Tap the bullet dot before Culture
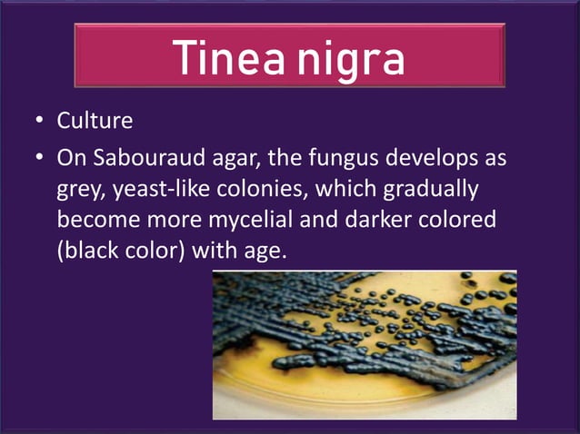[x=39, y=121]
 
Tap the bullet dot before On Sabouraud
[x=39, y=158]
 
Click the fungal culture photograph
[x=364, y=345]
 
